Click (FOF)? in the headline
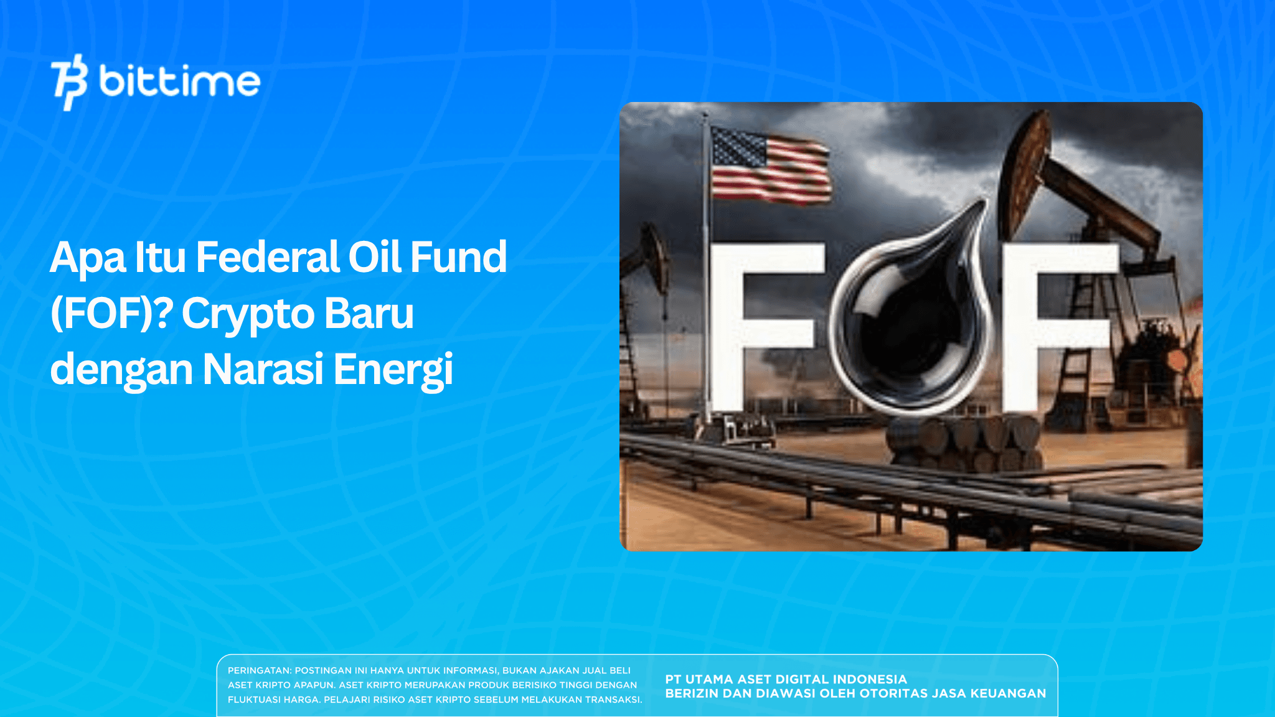[111, 313]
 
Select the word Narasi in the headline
[263, 369]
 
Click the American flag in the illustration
[770, 165]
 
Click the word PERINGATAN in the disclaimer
[259, 670]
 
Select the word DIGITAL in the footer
[804, 679]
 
